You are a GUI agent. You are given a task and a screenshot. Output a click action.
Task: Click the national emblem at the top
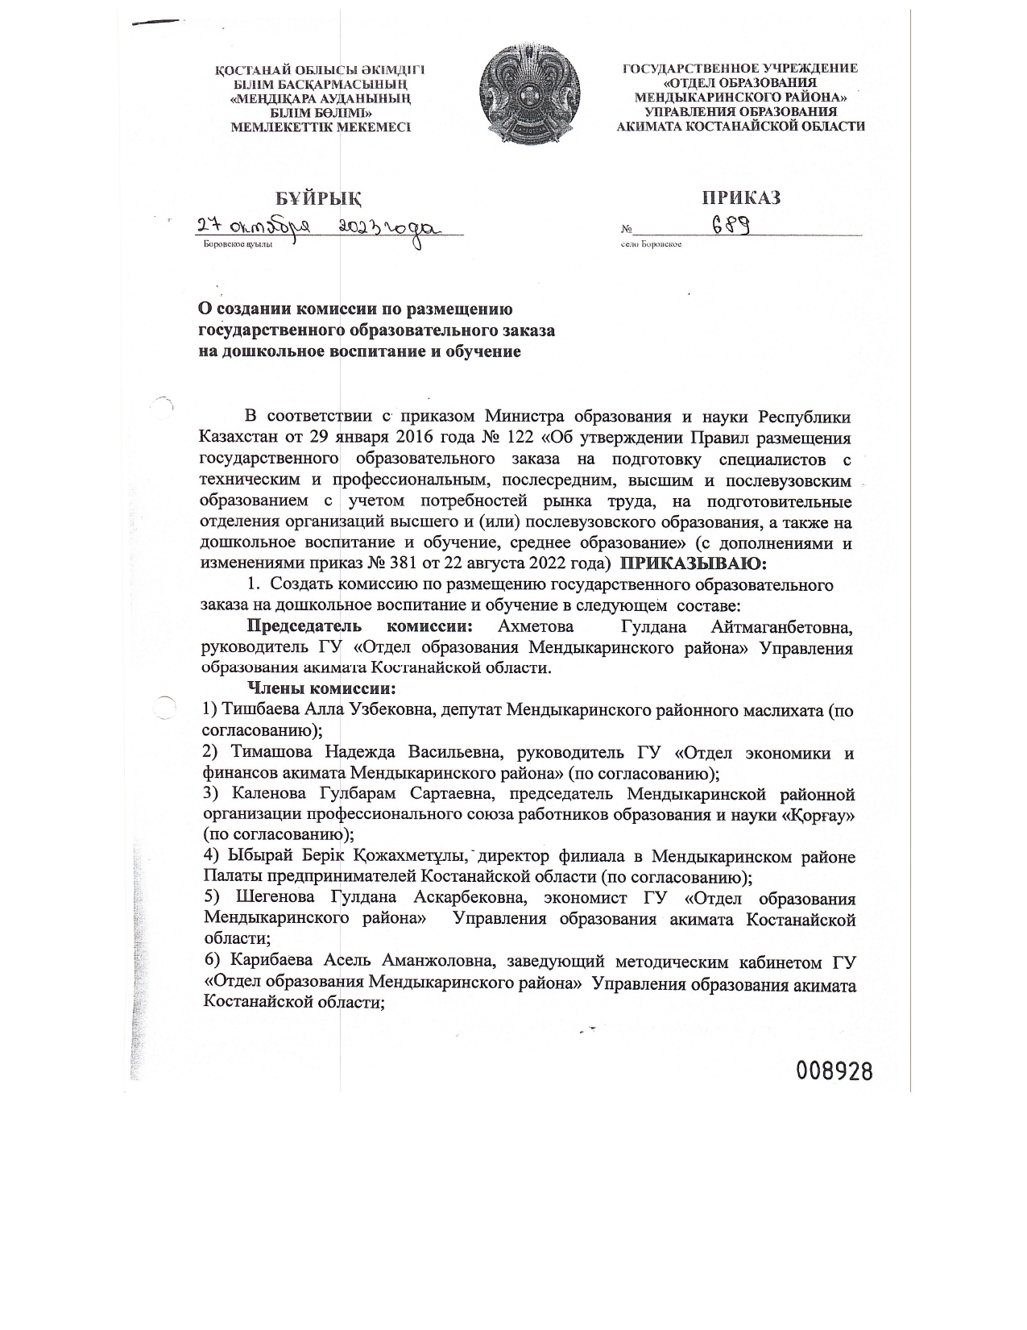tap(529, 97)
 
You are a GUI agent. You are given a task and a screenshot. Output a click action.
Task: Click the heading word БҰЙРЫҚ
tap(317, 197)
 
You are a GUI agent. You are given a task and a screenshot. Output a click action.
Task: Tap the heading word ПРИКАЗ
tap(741, 197)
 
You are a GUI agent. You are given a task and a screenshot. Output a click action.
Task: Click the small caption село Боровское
tap(652, 243)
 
